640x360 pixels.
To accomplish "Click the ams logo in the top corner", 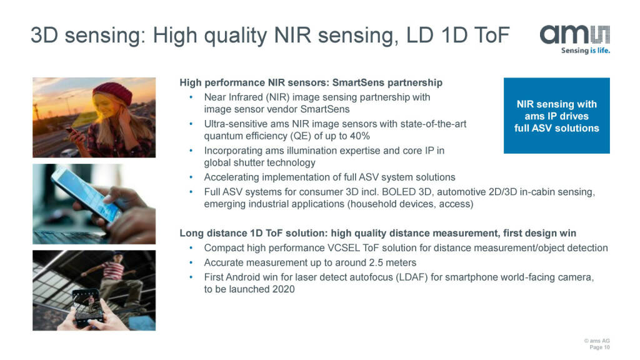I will click(x=574, y=35).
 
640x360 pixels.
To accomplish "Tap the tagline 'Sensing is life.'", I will click(x=585, y=51).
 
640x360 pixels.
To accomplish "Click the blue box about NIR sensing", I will click(x=556, y=116).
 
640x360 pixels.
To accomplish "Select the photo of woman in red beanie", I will click(x=94, y=117).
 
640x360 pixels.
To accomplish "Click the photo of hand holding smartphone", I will click(x=94, y=204).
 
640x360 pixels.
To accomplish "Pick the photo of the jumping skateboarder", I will click(x=94, y=290).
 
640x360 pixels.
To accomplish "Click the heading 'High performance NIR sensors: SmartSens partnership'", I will click(x=311, y=82).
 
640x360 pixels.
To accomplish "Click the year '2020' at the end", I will click(x=282, y=289).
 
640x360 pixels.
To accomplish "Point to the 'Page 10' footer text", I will click(x=599, y=347).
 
